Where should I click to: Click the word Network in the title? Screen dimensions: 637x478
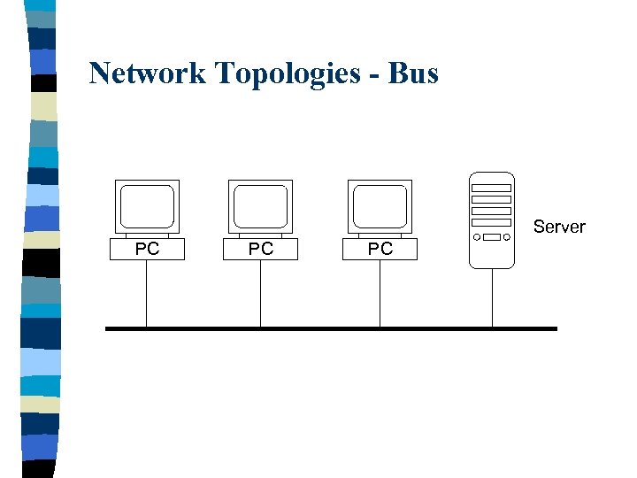[145, 73]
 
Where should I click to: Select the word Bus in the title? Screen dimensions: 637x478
[412, 73]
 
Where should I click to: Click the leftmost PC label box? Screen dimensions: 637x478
[147, 249]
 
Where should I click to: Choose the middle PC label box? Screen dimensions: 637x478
[260, 249]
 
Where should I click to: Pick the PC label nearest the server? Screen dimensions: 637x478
[380, 249]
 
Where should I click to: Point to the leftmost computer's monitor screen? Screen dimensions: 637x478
[147, 205]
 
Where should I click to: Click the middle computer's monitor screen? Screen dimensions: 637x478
[260, 205]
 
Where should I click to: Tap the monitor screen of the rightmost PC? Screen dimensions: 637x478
[380, 205]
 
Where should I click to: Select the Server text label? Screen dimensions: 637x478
[559, 227]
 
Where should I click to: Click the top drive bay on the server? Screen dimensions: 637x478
[492, 189]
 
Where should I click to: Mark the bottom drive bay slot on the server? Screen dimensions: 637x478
[492, 221]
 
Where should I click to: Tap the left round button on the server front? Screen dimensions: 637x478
[477, 237]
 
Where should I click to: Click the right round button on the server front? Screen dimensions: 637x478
[507, 237]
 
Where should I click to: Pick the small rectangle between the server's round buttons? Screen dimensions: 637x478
[492, 237]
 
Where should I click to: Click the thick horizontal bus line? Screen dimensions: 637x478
[331, 328]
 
